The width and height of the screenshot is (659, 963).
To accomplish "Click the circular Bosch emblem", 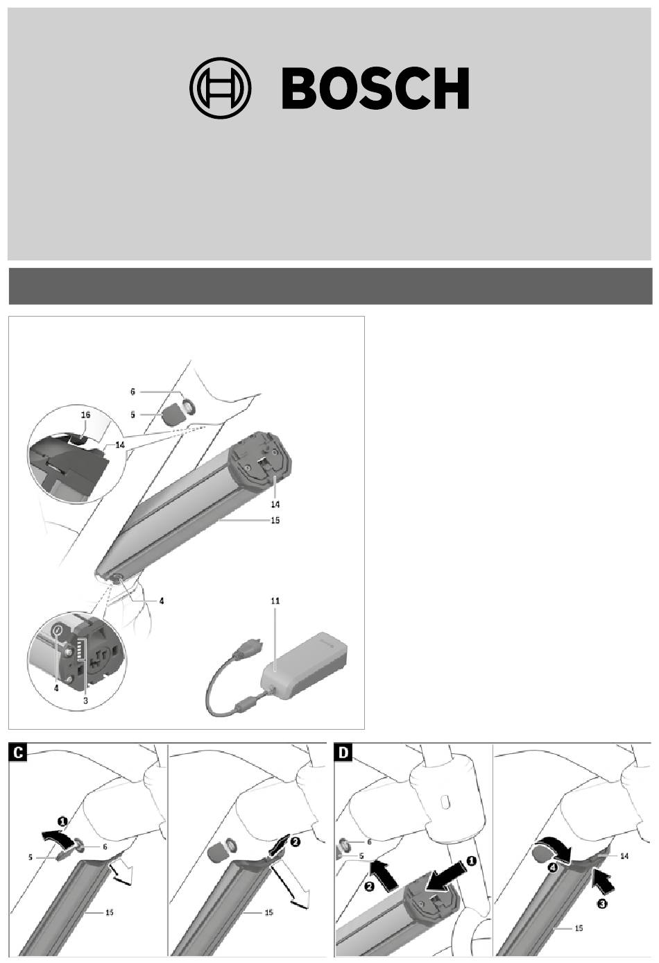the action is (x=220, y=87).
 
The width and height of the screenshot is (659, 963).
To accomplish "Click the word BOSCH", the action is (x=375, y=88).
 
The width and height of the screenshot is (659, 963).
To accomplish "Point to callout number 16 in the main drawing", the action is (x=86, y=415).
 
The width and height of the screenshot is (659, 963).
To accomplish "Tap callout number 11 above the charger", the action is (x=275, y=601).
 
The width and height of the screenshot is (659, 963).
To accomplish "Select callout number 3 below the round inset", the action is (x=85, y=701).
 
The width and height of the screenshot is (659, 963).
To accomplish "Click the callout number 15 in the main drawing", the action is (x=275, y=520).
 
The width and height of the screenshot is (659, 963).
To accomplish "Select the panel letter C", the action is (x=17, y=753).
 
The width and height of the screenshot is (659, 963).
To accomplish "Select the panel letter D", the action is (x=343, y=753).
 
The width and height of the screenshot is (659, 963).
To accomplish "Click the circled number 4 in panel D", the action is (x=554, y=868).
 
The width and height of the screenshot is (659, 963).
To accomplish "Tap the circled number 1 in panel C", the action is (x=62, y=821).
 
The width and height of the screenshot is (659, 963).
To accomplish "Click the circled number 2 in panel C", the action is (x=296, y=841).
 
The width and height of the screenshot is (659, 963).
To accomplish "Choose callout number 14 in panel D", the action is (x=624, y=856).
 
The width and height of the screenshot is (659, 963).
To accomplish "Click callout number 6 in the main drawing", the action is (x=132, y=392).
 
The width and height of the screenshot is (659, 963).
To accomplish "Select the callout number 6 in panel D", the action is (x=369, y=841).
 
